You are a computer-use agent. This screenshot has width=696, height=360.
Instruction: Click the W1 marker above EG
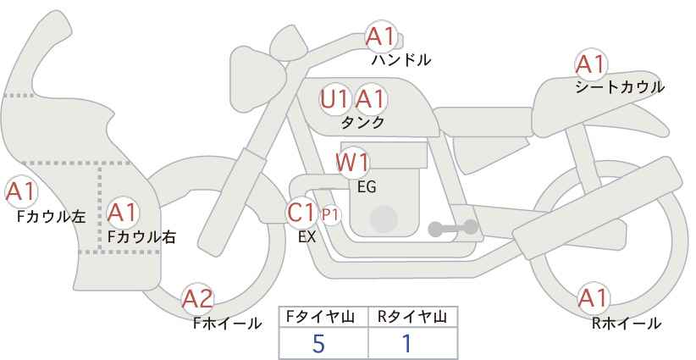(x=352, y=162)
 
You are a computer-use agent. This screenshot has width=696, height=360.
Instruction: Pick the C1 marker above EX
(x=301, y=213)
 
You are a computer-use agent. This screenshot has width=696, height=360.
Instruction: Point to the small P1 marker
(x=330, y=215)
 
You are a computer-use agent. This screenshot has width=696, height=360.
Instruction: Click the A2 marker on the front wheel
(x=198, y=298)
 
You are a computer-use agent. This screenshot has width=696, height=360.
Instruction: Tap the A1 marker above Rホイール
(x=591, y=298)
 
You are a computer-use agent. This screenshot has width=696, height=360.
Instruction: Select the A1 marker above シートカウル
(x=590, y=64)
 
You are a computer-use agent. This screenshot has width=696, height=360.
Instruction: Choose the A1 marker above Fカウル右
(x=122, y=211)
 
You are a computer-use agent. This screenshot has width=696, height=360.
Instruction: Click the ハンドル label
(x=401, y=60)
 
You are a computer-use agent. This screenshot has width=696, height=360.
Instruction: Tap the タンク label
(x=362, y=123)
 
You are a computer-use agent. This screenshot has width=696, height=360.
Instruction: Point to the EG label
(x=367, y=186)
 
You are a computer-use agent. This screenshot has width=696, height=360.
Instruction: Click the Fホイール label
(x=227, y=323)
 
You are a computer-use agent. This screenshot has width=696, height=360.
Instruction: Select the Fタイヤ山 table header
(x=323, y=317)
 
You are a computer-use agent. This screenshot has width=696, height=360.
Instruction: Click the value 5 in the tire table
(x=318, y=343)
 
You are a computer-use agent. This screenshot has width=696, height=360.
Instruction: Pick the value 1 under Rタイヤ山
(x=406, y=343)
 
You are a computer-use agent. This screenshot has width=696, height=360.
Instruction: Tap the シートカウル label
(x=619, y=87)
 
